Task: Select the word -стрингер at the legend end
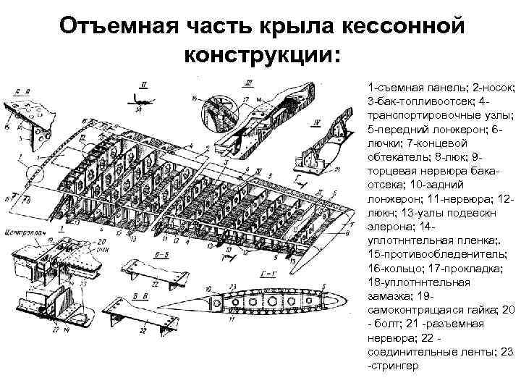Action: [394, 367]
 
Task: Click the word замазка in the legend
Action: [390, 295]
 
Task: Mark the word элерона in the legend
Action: [387, 229]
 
